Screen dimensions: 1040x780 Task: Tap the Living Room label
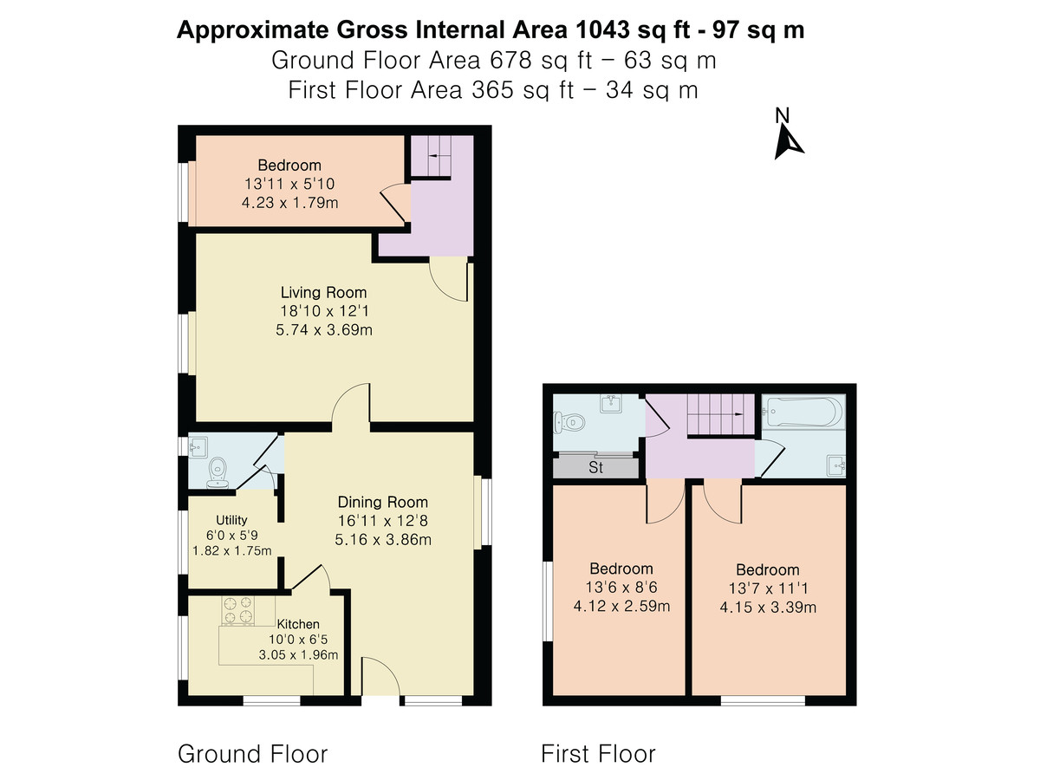pyautogui.click(x=323, y=292)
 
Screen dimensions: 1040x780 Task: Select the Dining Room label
pyautogui.click(x=382, y=502)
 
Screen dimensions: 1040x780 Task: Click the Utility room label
pyautogui.click(x=231, y=520)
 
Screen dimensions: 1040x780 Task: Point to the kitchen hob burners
pyautogui.click(x=237, y=610)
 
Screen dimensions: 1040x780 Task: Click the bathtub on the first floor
pyautogui.click(x=803, y=412)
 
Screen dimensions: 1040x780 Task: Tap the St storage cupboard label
pyautogui.click(x=595, y=467)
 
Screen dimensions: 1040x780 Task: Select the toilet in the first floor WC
pyautogui.click(x=569, y=421)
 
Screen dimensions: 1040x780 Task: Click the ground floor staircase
pyautogui.click(x=430, y=156)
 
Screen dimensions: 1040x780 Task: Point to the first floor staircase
pyautogui.click(x=720, y=414)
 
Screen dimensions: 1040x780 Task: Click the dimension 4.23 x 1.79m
pyautogui.click(x=290, y=203)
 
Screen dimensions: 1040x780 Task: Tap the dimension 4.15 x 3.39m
pyautogui.click(x=768, y=608)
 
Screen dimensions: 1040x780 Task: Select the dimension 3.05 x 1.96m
pyautogui.click(x=298, y=655)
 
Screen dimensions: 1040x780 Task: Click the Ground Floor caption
pyautogui.click(x=252, y=754)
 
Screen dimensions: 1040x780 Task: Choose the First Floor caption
pyautogui.click(x=598, y=754)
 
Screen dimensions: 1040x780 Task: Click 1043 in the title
pyautogui.click(x=602, y=29)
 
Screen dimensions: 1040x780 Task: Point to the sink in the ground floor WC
pyautogui.click(x=198, y=447)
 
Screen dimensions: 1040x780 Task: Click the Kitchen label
pyautogui.click(x=298, y=624)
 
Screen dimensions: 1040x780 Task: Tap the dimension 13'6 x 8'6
pyautogui.click(x=621, y=588)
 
